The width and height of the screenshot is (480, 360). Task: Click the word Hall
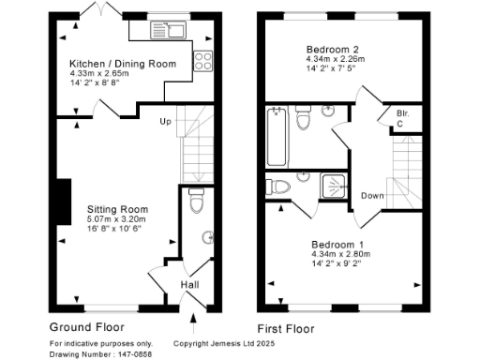[x=189, y=285]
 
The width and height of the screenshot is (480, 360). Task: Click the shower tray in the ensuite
[x=335, y=187]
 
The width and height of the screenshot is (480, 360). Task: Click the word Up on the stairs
[x=166, y=122]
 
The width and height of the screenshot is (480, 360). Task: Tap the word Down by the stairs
[x=371, y=196]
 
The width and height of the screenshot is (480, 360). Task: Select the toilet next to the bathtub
[x=303, y=120]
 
